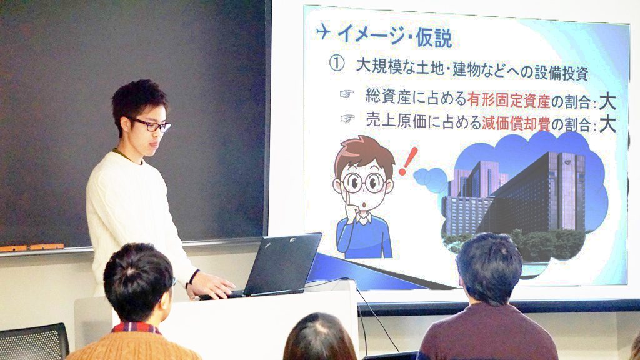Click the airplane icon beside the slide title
323,31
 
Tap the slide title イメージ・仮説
395,36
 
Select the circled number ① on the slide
337,64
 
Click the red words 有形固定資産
509,99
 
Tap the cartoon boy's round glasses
363,182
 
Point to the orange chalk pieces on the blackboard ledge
32,247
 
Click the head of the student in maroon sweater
489,267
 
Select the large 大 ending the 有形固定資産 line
607,102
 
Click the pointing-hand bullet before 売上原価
347,118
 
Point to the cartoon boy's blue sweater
364,237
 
